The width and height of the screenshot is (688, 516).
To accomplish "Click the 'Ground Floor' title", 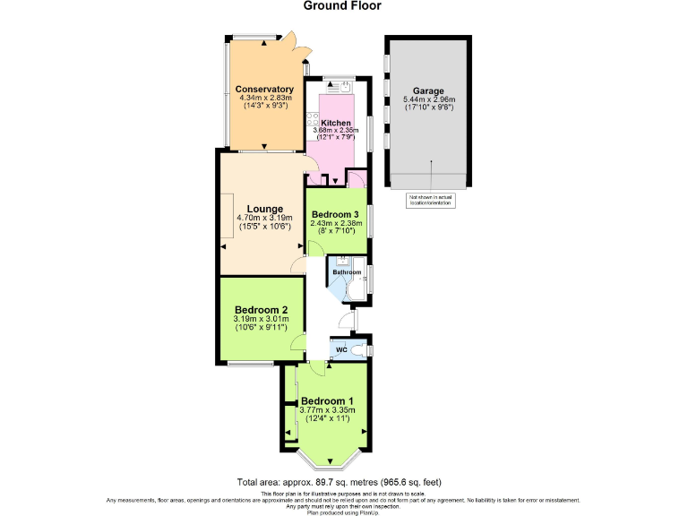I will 342,6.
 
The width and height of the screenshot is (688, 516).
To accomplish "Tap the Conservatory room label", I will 264,90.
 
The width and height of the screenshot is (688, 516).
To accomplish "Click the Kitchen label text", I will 336,123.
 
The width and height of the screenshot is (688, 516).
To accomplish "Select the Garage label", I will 428,90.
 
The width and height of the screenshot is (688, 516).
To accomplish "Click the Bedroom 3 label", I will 336,214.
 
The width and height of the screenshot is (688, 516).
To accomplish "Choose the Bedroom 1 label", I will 327,400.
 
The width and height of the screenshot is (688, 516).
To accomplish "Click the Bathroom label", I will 347,271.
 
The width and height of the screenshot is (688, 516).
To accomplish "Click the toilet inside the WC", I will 359,349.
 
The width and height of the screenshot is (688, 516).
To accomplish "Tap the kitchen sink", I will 340,87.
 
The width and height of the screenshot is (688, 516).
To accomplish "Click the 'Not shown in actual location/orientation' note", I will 431,201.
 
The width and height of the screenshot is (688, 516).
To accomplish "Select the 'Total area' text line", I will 339,482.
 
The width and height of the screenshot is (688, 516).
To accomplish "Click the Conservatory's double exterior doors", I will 288,43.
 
